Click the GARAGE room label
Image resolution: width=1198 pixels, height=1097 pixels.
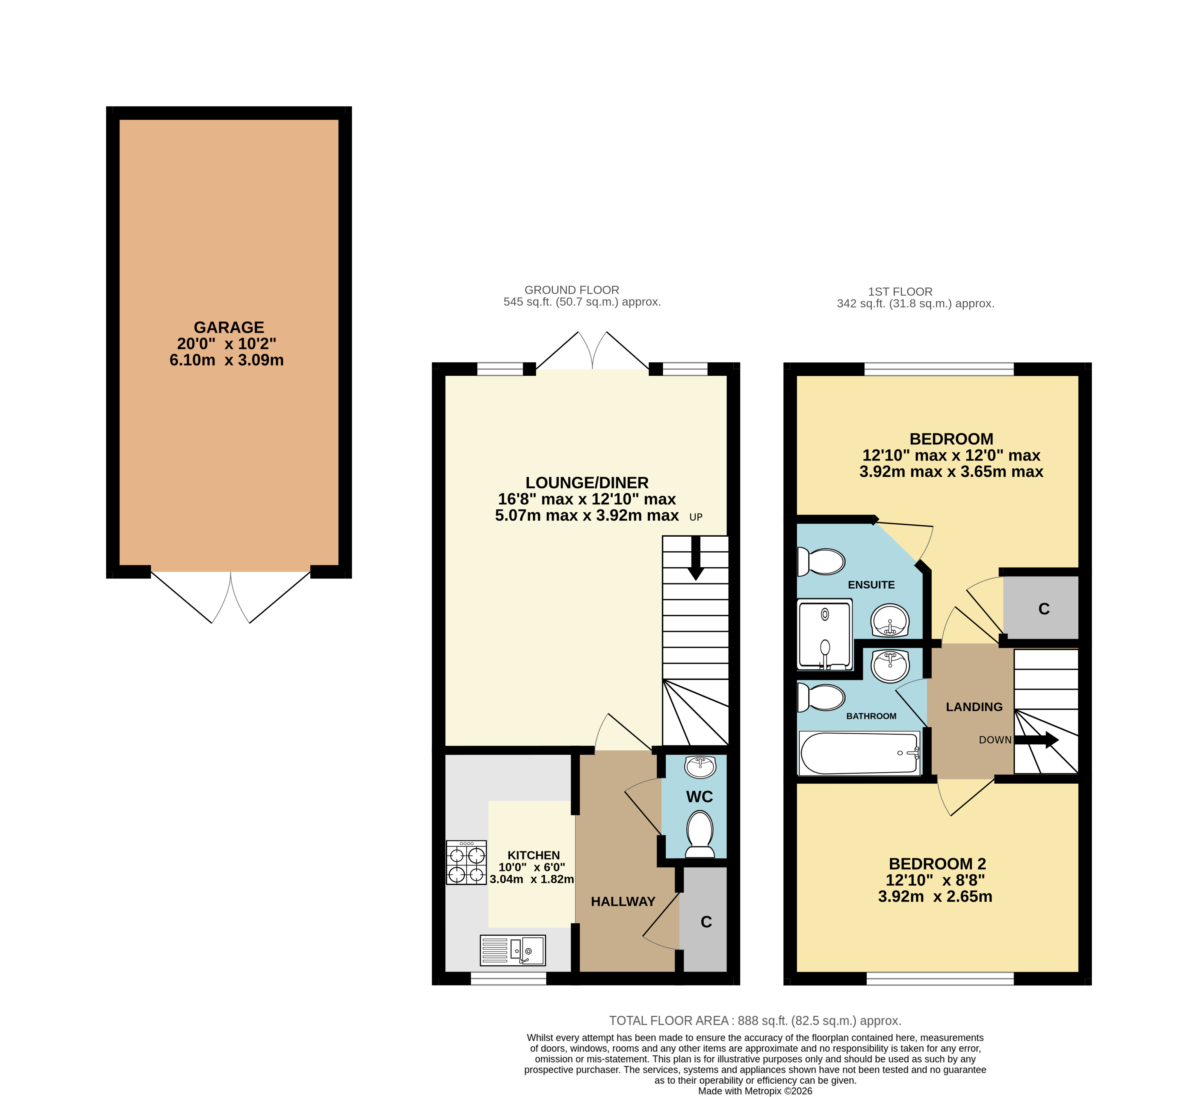229,328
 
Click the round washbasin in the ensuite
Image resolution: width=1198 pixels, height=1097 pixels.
889,621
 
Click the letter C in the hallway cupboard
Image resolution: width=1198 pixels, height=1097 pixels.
706,922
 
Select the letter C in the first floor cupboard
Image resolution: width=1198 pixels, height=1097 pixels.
1044,609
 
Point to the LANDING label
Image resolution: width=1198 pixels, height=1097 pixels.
974,707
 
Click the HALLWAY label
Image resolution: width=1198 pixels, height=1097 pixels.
623,902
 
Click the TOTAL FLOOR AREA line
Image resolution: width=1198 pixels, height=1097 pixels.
755,1021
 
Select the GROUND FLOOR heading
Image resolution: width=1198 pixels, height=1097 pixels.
572,290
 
